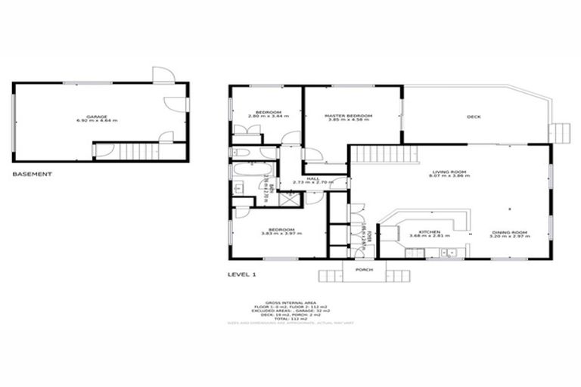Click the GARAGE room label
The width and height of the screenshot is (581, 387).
[x=97, y=116]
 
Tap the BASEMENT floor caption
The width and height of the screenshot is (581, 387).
[x=33, y=174]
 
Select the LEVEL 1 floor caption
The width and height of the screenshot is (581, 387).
[x=244, y=275]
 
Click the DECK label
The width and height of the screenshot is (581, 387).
[x=474, y=116]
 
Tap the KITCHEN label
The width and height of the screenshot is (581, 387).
[x=430, y=231]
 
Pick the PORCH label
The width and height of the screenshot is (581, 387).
[x=365, y=269]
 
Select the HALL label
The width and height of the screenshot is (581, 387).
[x=313, y=178]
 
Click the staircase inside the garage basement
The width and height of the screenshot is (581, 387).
[x=136, y=151]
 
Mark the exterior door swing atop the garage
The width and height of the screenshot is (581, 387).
[x=163, y=74]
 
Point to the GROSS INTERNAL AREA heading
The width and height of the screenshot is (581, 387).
[x=290, y=300]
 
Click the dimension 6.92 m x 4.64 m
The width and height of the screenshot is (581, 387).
[x=97, y=121]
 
